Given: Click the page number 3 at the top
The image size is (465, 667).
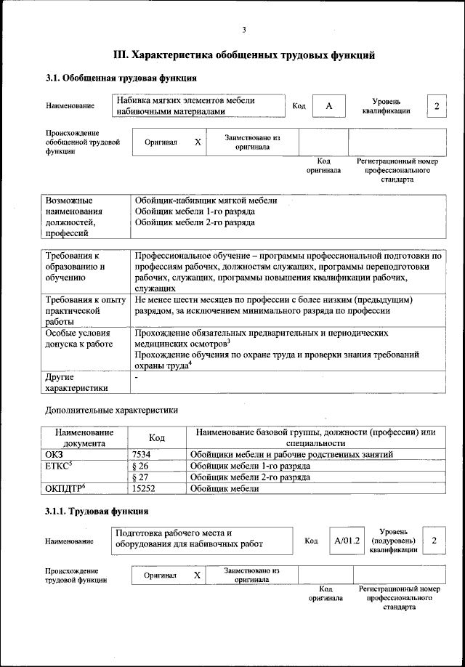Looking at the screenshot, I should [244, 30].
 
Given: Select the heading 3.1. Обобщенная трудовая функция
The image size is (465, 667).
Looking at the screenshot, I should [121, 78].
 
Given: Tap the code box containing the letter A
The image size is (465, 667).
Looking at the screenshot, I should [328, 106].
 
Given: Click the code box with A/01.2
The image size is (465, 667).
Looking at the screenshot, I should [347, 541].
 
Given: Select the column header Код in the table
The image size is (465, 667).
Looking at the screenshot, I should [156, 437].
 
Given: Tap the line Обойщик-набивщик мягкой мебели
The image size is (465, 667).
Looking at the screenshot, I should [206, 201].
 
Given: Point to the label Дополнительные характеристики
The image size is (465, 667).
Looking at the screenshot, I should [111, 410].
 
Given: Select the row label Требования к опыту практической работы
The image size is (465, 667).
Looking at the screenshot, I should [85, 311].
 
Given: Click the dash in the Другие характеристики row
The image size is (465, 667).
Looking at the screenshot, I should [136, 378].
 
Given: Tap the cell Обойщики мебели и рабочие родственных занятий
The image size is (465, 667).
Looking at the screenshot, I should [291, 454].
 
